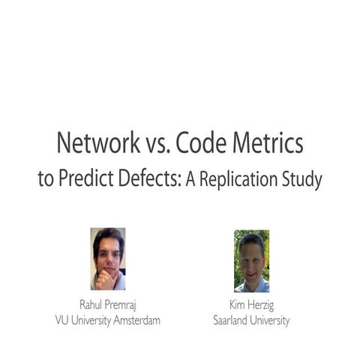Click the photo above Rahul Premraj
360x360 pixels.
coord(107,259)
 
